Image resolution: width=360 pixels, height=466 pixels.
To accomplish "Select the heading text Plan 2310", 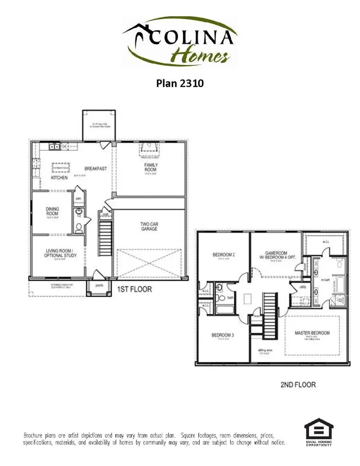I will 180,83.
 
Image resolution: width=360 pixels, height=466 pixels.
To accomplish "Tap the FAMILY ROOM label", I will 151,167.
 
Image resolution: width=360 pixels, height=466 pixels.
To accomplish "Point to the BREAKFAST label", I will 96,168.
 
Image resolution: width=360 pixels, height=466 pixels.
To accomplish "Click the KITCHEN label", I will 59,177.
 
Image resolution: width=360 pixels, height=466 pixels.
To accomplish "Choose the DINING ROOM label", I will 52,211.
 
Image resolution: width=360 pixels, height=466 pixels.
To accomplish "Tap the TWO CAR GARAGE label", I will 148,226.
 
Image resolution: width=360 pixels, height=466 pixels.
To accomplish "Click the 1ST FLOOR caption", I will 134,289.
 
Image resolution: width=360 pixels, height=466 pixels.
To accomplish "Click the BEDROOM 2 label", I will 223,254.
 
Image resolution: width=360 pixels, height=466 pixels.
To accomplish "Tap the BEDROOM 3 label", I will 223,335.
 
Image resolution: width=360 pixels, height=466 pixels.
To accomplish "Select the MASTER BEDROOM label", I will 312,333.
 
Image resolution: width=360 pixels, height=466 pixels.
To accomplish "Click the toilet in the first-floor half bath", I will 79,228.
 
